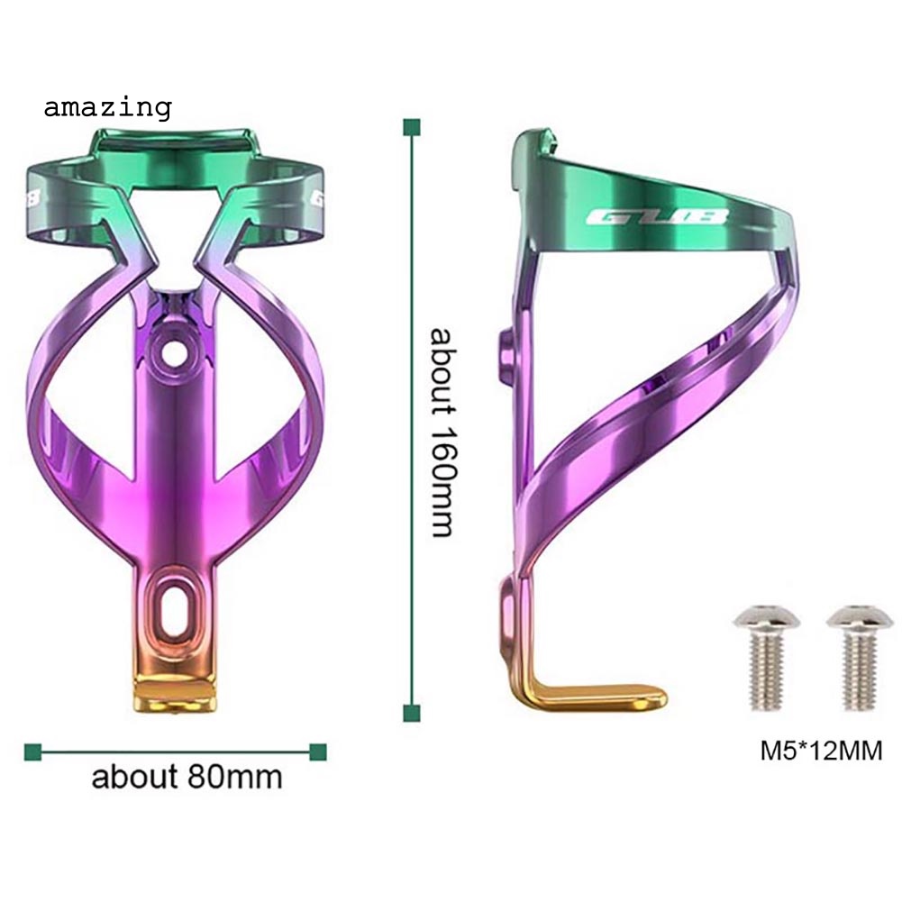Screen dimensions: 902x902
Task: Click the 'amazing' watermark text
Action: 107,107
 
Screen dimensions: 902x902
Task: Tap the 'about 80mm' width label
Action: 187,776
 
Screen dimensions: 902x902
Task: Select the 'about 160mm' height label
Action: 441,432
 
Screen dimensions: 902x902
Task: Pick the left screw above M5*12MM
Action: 759,657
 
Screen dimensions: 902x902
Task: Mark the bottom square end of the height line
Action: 412,713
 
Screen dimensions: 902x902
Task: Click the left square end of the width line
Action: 32,751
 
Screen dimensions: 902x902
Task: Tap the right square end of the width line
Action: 317,751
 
